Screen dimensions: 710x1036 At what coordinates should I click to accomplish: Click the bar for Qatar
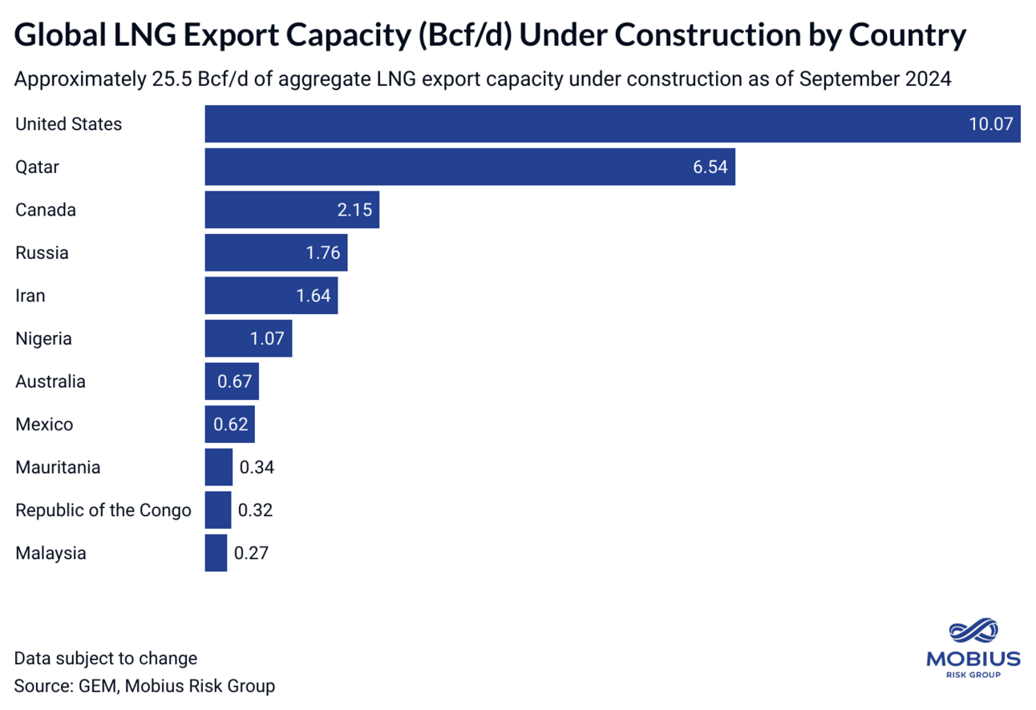point(470,167)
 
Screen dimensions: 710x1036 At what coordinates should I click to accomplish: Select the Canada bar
point(292,210)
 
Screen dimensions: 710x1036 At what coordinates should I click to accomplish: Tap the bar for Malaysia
point(216,553)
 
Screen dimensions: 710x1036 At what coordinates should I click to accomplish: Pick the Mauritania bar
point(218,467)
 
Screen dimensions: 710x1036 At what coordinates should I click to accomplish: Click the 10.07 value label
point(991,124)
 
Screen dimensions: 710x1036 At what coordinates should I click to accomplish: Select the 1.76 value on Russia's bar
point(323,253)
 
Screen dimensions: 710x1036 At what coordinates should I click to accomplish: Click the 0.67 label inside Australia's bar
point(234,381)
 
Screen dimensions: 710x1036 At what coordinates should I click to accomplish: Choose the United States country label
point(69,124)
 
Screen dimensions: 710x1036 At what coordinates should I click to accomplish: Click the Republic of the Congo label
point(103,510)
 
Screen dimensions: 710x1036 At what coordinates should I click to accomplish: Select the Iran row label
point(30,296)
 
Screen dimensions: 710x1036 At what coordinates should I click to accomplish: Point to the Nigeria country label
point(43,339)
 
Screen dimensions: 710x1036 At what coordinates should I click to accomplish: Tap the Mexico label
point(44,425)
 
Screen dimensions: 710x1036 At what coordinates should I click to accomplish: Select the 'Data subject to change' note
point(106,659)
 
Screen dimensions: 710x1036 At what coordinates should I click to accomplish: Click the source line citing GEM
point(144,686)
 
